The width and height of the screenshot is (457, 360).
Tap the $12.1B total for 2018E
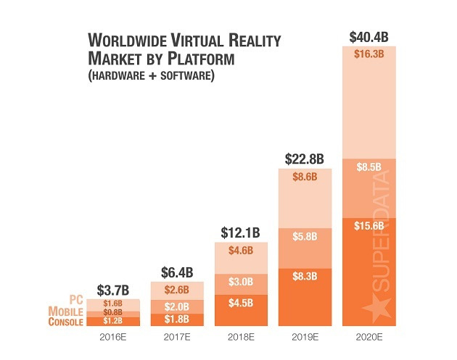pos(241,233)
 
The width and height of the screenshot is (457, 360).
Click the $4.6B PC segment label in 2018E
pos(241,251)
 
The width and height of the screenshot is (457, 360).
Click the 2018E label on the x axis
pos(241,338)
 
